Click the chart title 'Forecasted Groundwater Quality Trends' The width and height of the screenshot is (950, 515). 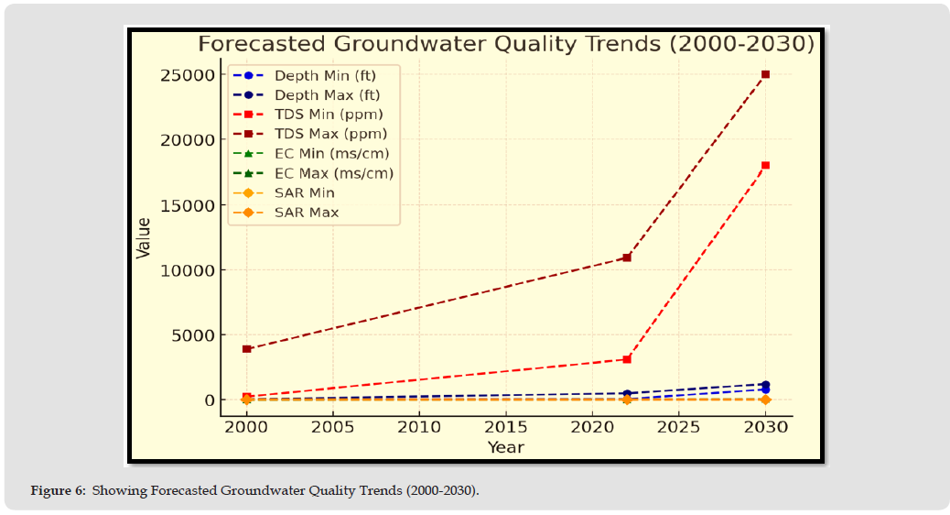click(x=506, y=44)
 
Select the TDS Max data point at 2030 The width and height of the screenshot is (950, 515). click(x=765, y=74)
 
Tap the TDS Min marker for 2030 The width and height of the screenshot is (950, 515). click(x=765, y=165)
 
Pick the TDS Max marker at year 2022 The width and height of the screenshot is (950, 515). click(x=627, y=257)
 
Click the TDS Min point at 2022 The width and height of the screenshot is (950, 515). click(x=627, y=359)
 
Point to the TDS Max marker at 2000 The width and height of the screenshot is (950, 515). click(x=247, y=349)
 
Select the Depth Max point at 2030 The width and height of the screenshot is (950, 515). click(x=765, y=385)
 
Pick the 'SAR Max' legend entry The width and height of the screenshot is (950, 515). click(x=307, y=213)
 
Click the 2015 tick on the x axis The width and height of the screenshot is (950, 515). click(x=506, y=427)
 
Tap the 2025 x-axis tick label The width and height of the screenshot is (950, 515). click(x=678, y=427)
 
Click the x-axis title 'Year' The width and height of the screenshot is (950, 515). click(x=505, y=446)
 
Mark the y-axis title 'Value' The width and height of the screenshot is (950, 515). click(x=144, y=237)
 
